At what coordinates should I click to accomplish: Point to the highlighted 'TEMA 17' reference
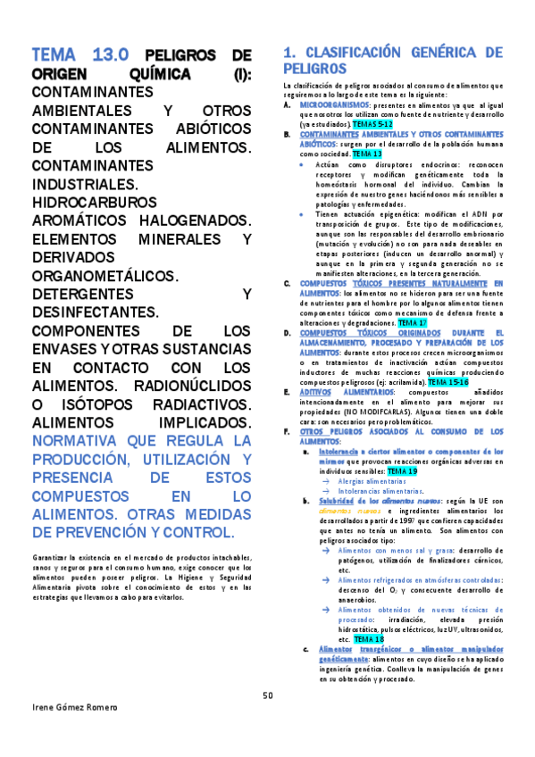point(412,322)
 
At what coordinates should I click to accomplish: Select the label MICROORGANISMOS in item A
point(329,104)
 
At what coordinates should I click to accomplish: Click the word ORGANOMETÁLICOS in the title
point(104,276)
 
